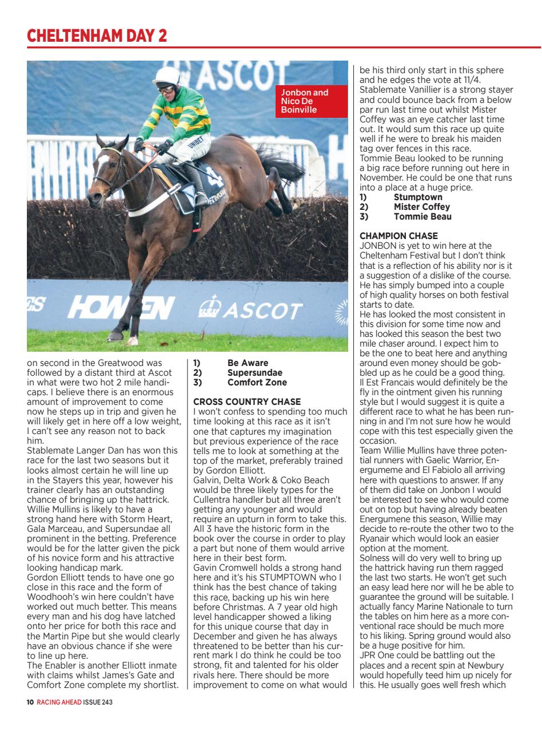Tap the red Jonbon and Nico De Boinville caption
(x=311, y=101)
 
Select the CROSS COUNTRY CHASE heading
(x=247, y=402)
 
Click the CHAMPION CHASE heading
(x=398, y=236)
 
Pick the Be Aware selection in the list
(x=247, y=363)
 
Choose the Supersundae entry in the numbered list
(x=254, y=373)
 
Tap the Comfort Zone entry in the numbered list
(x=257, y=383)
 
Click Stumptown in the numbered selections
(x=418, y=197)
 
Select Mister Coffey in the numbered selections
(x=421, y=207)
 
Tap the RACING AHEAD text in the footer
(x=59, y=702)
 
